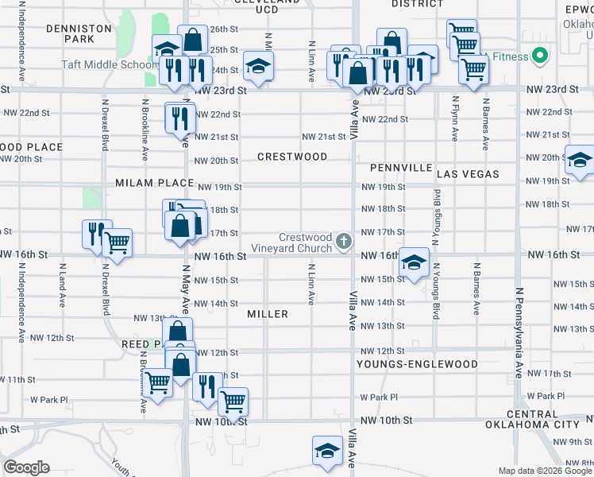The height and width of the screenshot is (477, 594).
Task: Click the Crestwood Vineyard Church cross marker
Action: click(x=344, y=240)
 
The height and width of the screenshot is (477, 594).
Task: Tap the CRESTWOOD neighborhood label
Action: click(x=292, y=157)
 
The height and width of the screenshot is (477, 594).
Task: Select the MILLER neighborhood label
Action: click(x=268, y=314)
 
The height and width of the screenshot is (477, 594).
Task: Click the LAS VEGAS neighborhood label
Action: click(x=468, y=173)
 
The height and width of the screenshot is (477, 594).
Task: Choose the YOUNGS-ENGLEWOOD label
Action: click(x=417, y=364)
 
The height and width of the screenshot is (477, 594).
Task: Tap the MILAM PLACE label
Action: click(x=155, y=183)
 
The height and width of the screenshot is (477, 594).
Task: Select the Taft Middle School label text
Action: click(x=103, y=64)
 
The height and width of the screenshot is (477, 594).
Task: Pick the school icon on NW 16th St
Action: click(x=414, y=262)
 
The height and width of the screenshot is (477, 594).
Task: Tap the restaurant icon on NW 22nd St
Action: click(x=179, y=118)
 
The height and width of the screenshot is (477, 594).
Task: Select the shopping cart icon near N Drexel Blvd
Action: click(x=118, y=243)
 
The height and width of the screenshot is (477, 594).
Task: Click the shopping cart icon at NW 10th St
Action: click(x=233, y=401)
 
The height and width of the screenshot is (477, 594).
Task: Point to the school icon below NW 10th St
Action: click(x=327, y=451)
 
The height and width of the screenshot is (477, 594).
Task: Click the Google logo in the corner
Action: click(x=26, y=467)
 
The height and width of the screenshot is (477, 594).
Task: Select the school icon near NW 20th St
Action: click(x=580, y=161)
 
